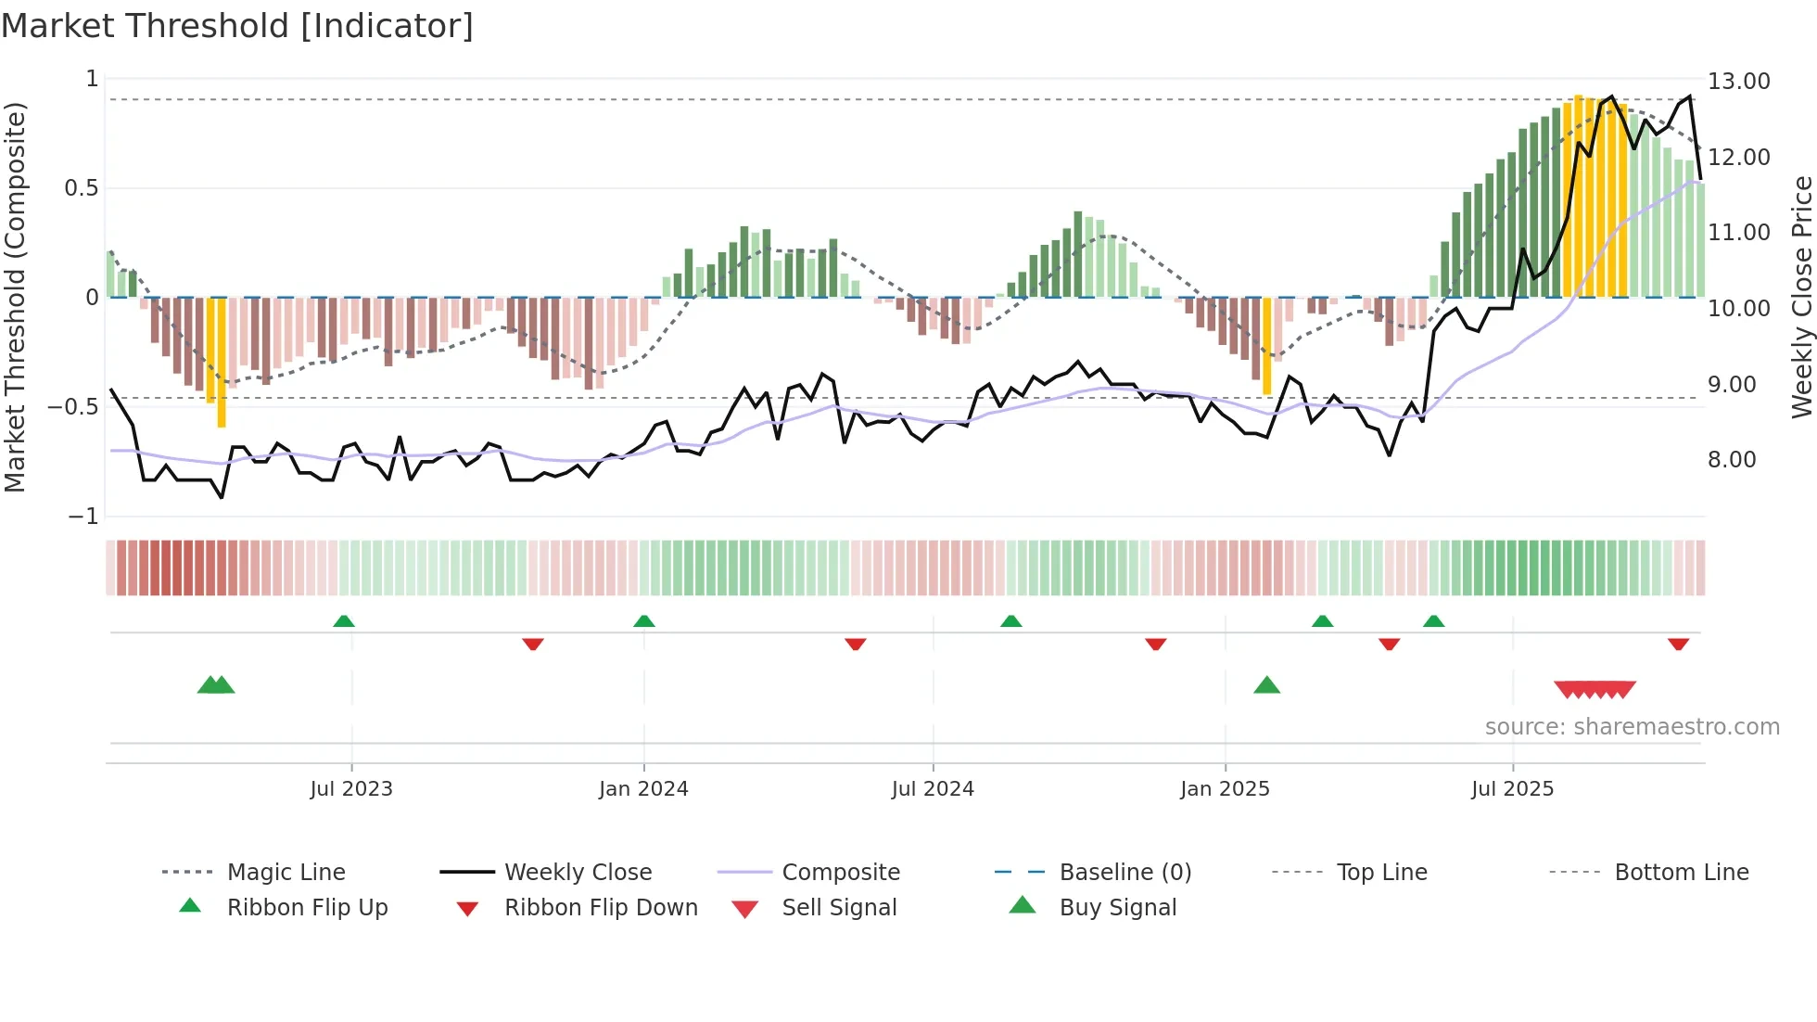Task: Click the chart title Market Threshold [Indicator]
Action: click(237, 26)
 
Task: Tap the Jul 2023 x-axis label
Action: click(351, 789)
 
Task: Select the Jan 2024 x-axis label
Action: click(643, 789)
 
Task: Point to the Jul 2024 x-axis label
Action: click(933, 789)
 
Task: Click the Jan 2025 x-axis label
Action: click(1225, 789)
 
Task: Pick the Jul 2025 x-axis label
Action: click(1512, 789)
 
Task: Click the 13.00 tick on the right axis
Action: click(1738, 82)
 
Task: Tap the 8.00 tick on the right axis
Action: click(1732, 460)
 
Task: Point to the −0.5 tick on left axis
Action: click(73, 407)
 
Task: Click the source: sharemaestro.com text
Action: click(1632, 727)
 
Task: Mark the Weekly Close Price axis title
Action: click(1801, 297)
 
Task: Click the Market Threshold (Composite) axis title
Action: click(15, 297)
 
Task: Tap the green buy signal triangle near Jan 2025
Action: click(1266, 685)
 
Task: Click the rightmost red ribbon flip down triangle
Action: click(1678, 644)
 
